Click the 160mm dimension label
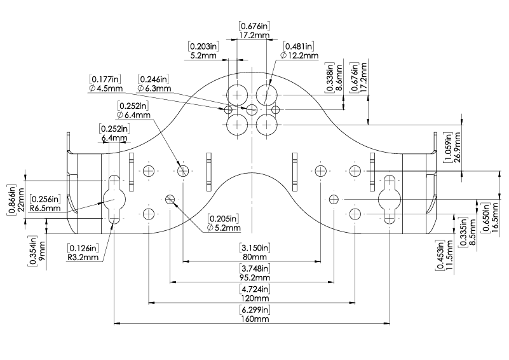pyautogui.click(x=255, y=319)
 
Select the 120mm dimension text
pyautogui.click(x=255, y=298)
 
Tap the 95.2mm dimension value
pyautogui.click(x=255, y=277)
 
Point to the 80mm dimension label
pyautogui.click(x=255, y=257)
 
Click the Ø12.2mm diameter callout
pyautogui.click(x=299, y=55)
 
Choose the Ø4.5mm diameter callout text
pyautogui.click(x=106, y=88)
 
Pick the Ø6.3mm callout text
pyautogui.click(x=154, y=88)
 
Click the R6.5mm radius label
pyautogui.click(x=46, y=208)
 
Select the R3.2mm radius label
pyautogui.click(x=83, y=258)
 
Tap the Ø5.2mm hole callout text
pyautogui.click(x=224, y=228)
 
